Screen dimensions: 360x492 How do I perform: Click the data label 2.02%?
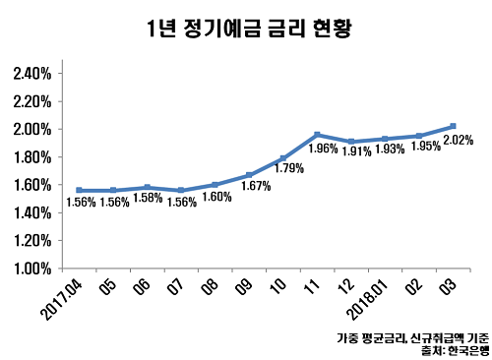[x=459, y=140]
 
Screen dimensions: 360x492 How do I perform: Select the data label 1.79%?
[x=289, y=168]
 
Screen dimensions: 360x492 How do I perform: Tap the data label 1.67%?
[x=255, y=186]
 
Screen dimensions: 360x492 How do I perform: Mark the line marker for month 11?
[x=317, y=135]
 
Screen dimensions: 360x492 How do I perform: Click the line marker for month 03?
[x=452, y=126]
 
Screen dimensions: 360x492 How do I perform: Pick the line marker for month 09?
[x=249, y=175]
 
